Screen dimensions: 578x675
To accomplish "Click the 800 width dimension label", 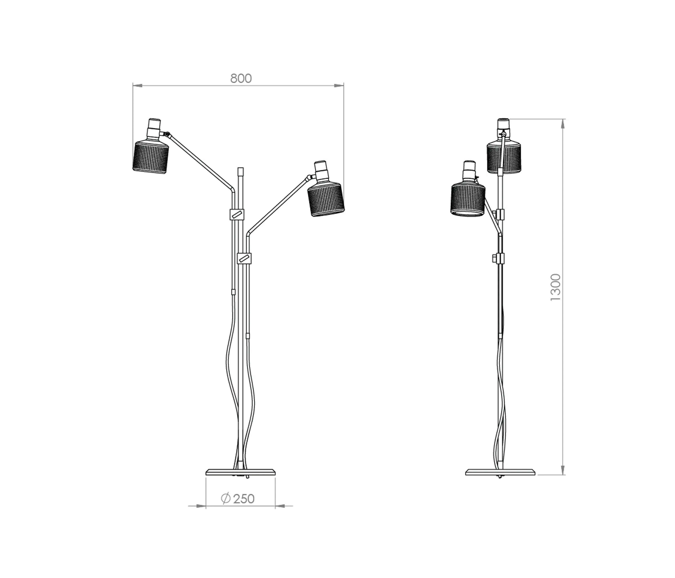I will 241,79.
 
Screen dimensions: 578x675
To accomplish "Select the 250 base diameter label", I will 244,498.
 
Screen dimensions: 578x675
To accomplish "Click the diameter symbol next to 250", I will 225,498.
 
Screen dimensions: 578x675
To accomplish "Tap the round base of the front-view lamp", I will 241,472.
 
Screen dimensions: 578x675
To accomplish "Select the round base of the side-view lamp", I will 501,472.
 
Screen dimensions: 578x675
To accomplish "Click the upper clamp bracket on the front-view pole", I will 237,214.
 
